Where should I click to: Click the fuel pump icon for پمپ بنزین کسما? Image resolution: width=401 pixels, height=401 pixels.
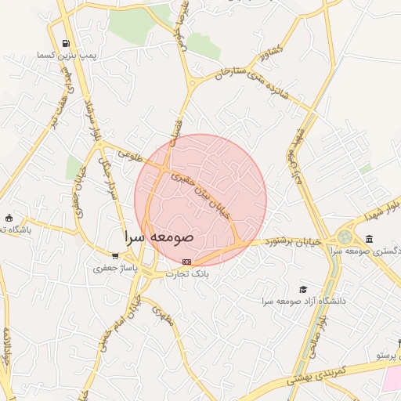click(66, 43)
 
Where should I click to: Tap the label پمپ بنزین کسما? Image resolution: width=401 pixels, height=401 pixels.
click(61, 56)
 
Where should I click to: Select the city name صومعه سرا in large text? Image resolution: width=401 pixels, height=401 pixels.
click(160, 235)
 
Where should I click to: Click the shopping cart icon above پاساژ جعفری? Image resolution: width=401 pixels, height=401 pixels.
click(116, 255)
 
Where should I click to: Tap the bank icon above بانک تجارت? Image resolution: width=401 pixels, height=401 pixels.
click(186, 262)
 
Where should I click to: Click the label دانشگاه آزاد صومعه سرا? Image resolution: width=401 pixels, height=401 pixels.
click(305, 301)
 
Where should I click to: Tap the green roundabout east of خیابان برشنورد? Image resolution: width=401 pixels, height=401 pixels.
click(345, 237)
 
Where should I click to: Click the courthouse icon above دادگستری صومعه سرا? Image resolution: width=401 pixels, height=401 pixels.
click(369, 239)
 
